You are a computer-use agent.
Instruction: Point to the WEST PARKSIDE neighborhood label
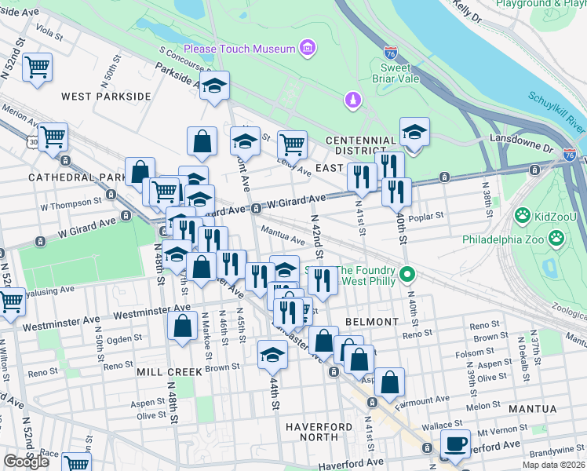click(106, 96)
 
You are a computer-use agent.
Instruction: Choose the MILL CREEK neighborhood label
click(164, 371)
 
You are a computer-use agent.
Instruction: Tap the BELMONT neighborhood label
click(370, 322)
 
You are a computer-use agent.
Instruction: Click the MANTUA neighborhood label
click(532, 409)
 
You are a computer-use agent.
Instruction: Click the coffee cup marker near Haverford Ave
click(455, 444)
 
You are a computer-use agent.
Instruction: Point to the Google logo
click(26, 462)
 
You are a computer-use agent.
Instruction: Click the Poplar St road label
click(428, 215)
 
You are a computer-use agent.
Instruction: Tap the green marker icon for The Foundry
click(407, 275)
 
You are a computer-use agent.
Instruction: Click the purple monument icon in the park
click(353, 100)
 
